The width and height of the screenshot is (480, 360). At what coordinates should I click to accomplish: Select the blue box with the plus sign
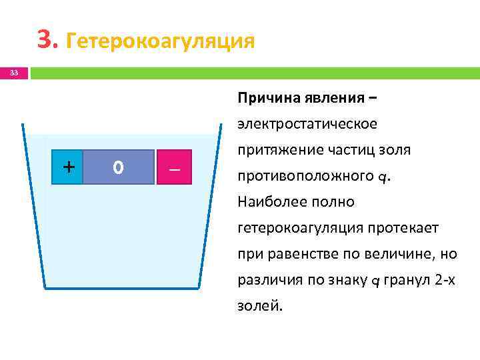[x=68, y=167]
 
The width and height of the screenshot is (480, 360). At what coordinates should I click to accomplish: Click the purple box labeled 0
[x=118, y=167]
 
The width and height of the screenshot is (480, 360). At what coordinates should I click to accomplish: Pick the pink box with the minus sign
[x=175, y=167]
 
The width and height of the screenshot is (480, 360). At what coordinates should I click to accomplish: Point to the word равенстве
[x=297, y=255]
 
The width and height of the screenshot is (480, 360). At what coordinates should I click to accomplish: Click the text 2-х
[x=445, y=281]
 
